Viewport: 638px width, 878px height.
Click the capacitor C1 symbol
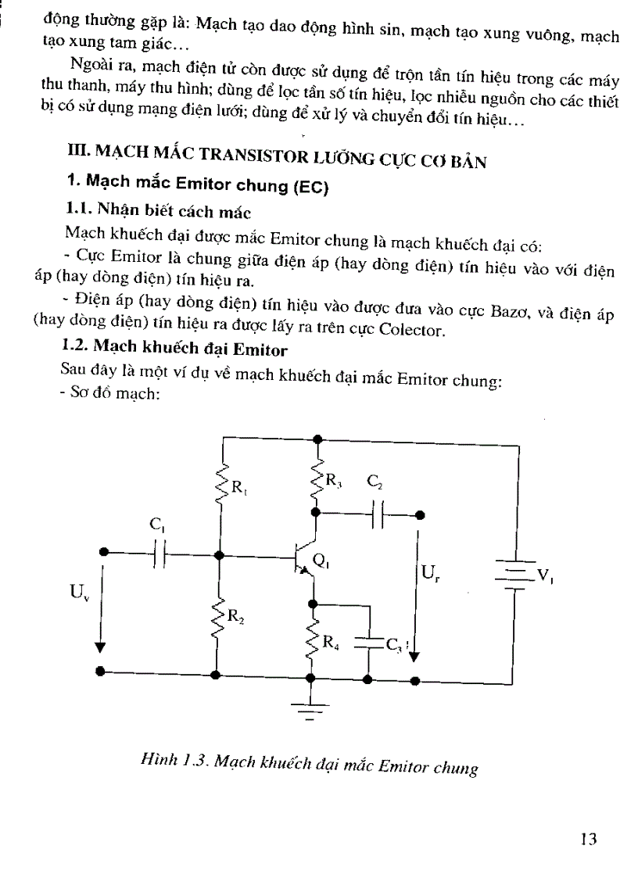point(160,554)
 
